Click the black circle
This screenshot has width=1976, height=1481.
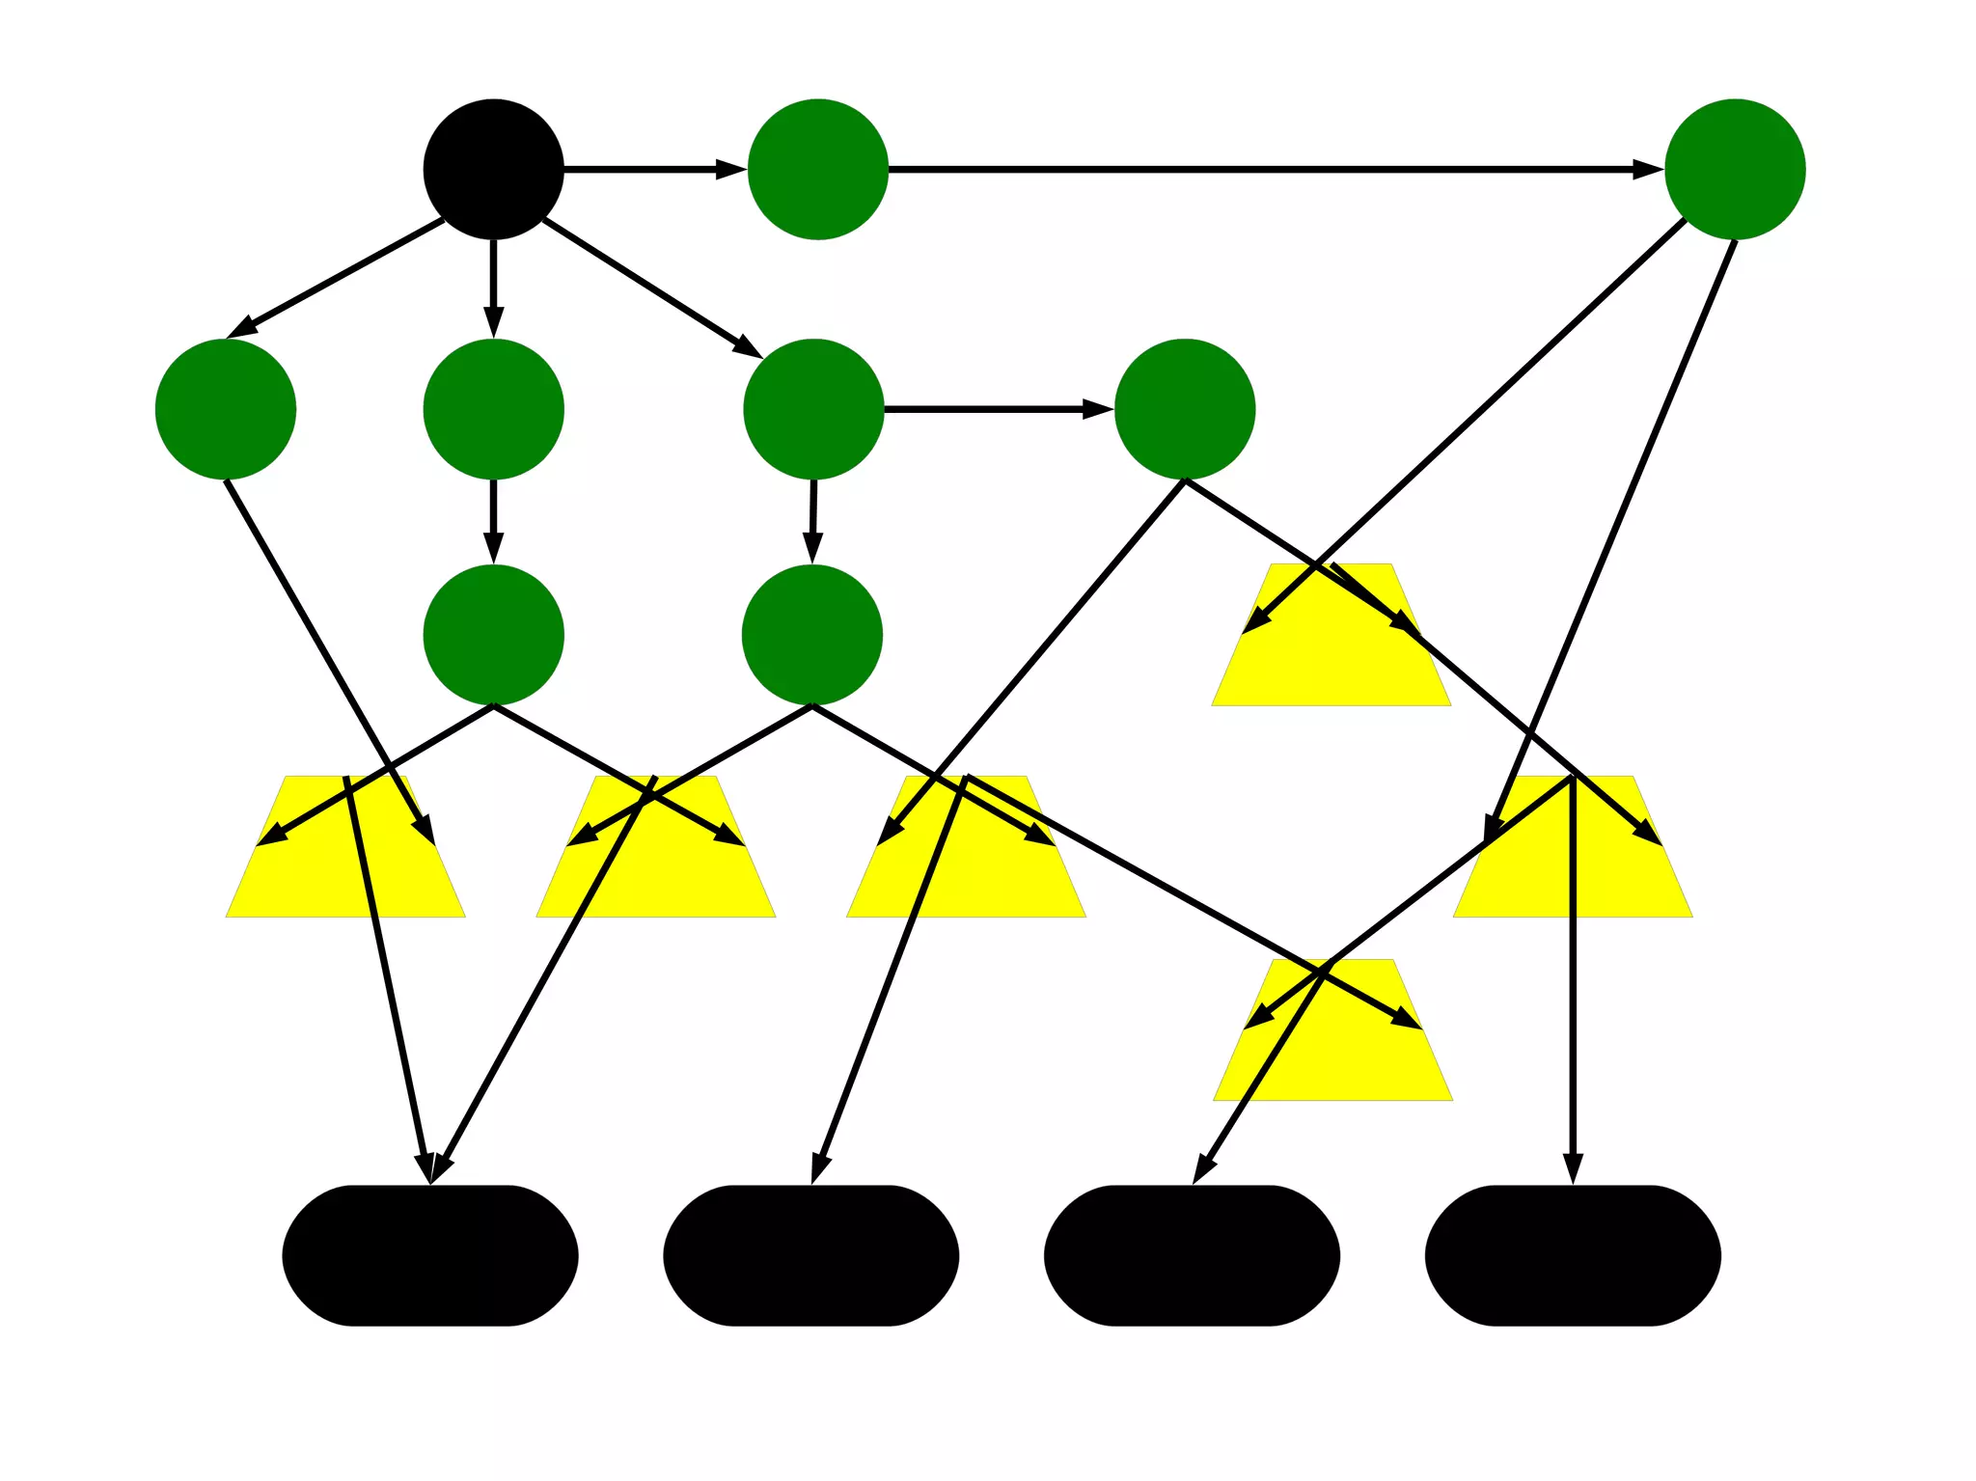pyautogui.click(x=493, y=169)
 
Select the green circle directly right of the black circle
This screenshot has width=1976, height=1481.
pyautogui.click(x=817, y=169)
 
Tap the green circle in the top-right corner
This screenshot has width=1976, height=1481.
pyautogui.click(x=1734, y=169)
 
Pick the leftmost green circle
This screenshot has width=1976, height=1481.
pyautogui.click(x=225, y=408)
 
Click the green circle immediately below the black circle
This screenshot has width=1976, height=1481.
pyautogui.click(x=493, y=408)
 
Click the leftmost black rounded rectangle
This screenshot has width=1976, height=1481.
pyautogui.click(x=429, y=1255)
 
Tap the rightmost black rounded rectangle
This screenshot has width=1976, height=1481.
pyautogui.click(x=1573, y=1255)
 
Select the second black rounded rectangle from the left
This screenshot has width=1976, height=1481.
pyautogui.click(x=810, y=1255)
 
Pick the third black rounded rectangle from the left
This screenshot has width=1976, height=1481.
pyautogui.click(x=1192, y=1255)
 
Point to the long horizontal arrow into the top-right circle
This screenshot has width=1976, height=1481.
pyautogui.click(x=1274, y=170)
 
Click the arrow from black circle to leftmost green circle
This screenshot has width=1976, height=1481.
pyautogui.click(x=338, y=278)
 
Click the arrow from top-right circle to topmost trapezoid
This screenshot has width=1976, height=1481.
pyautogui.click(x=1467, y=425)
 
